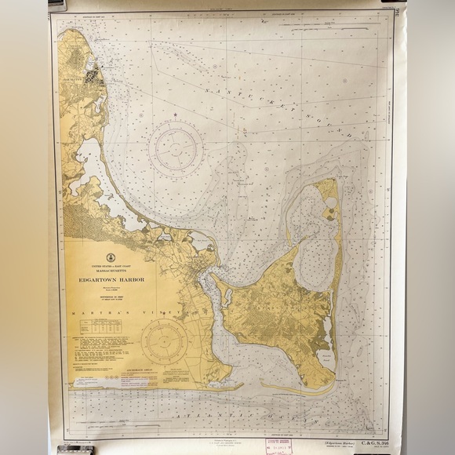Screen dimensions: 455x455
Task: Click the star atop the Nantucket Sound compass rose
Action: point(176,116)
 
